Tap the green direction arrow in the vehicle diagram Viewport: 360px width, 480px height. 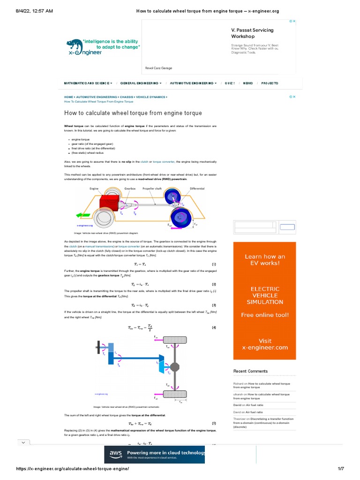tap(83, 215)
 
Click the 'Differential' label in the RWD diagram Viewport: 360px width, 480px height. tap(197, 188)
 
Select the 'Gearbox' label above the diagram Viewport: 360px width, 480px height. tap(129, 188)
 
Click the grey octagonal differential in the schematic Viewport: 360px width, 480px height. tap(174, 366)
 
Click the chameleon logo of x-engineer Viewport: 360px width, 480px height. tap(75, 46)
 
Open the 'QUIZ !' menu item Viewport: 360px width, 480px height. tap(230, 83)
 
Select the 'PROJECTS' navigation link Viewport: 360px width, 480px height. tap(270, 83)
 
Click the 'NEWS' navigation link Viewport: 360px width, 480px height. tap(248, 83)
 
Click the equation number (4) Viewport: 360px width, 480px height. tap(214, 327)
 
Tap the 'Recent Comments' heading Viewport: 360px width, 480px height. tap(250, 371)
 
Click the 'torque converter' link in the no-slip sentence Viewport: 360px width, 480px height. tap(164, 162)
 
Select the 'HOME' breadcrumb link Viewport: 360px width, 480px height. tap(68, 97)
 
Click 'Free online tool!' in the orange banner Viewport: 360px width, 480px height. tap(265, 315)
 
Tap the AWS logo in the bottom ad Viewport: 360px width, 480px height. tap(116, 454)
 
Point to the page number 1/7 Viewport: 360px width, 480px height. tap(341, 469)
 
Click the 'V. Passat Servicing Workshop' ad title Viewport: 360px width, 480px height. tap(252, 33)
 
